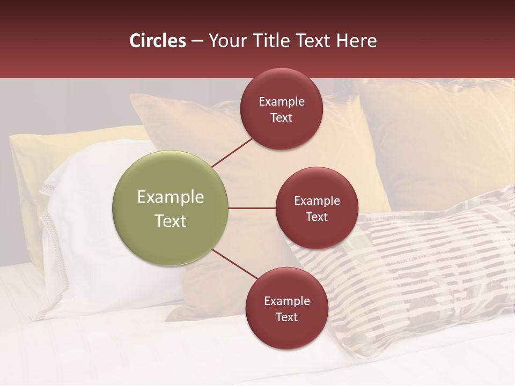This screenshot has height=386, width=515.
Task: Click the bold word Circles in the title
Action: [x=158, y=41]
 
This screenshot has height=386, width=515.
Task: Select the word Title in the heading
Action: [x=270, y=41]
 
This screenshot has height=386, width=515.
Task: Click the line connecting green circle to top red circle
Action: [x=232, y=152]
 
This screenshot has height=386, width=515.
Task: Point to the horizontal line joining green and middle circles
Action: [x=252, y=208]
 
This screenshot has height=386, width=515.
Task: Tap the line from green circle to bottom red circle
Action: [x=235, y=264]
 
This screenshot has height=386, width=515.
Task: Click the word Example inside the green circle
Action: [x=170, y=197]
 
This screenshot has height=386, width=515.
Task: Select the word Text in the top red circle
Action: [x=281, y=118]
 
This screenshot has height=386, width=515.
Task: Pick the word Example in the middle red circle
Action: [x=317, y=201]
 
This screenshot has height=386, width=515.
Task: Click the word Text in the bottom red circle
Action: [x=286, y=317]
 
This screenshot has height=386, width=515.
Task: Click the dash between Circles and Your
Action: [x=197, y=41]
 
